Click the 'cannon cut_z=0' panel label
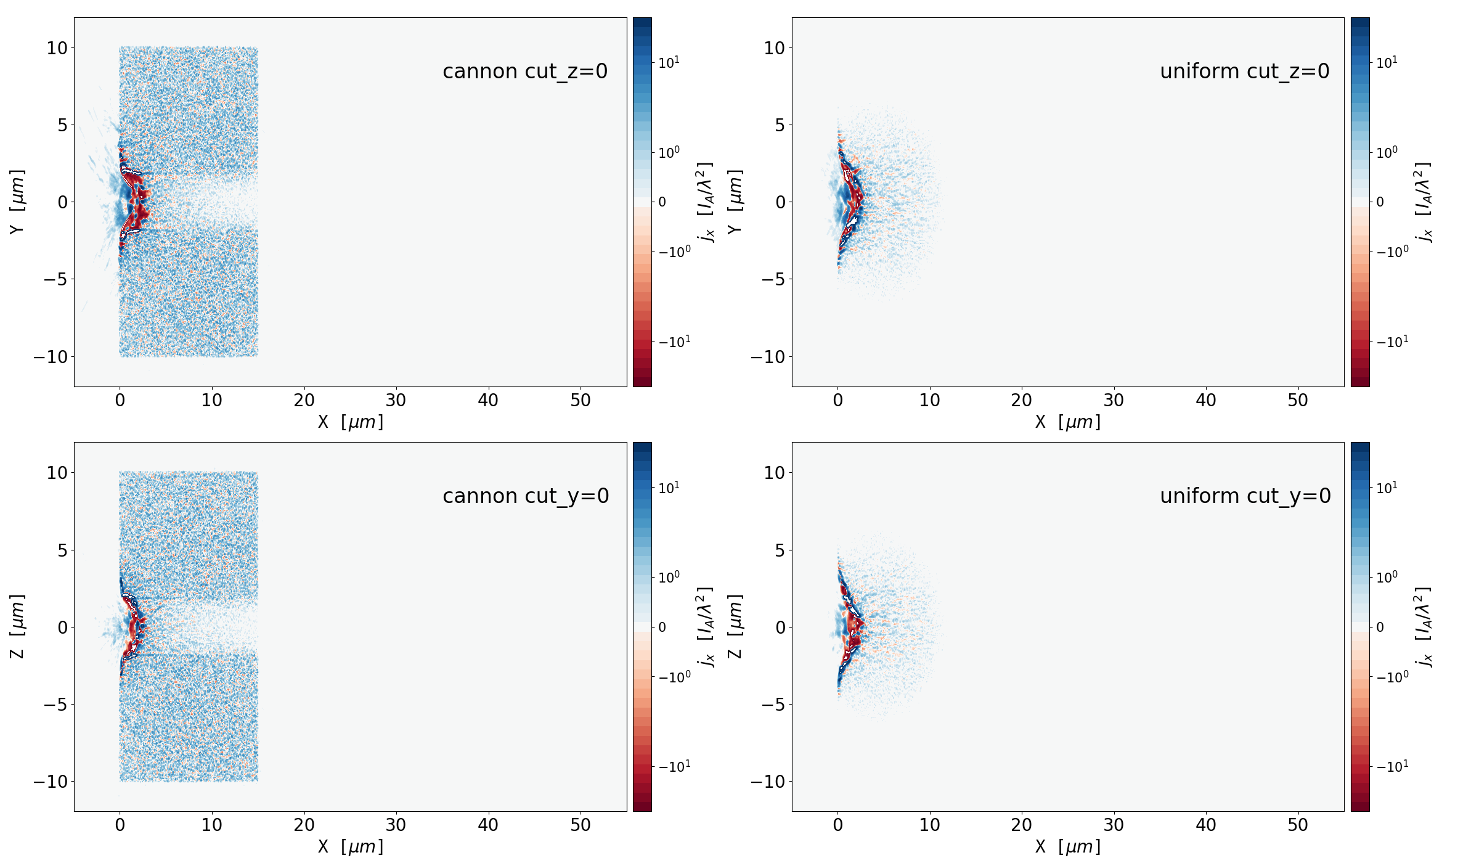[x=525, y=72]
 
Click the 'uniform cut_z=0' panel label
[x=1244, y=72]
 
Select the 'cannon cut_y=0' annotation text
[x=526, y=496]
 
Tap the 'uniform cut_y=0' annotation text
[x=1245, y=496]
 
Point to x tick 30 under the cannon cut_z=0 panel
[x=396, y=401]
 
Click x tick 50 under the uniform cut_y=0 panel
[x=1298, y=825]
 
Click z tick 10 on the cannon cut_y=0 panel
[x=57, y=473]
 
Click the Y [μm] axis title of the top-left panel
[x=17, y=202]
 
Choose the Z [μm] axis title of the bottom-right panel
[x=735, y=626]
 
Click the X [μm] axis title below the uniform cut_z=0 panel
[x=1067, y=422]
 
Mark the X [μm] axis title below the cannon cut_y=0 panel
[x=350, y=847]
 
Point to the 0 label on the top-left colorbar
[x=662, y=202]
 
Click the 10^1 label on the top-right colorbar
[x=1387, y=62]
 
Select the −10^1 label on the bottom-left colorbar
[x=675, y=766]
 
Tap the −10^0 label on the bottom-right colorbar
[x=1393, y=677]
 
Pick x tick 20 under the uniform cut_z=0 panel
[x=1021, y=401]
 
